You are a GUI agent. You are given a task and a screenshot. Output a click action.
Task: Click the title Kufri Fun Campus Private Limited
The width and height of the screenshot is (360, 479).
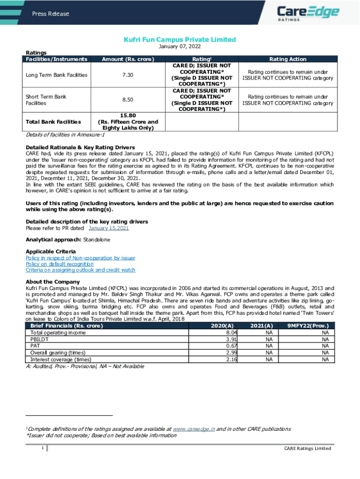180,40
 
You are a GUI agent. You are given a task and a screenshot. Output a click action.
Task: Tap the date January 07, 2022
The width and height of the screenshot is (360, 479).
180,47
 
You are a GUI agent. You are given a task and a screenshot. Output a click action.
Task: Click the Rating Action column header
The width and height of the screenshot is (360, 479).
288,59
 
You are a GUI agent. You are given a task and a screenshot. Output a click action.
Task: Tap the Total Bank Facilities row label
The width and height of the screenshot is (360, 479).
53,122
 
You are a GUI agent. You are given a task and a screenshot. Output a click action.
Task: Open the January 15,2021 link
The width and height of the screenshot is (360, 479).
108,228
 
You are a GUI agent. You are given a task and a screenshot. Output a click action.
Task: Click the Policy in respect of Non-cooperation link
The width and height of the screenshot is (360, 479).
80,258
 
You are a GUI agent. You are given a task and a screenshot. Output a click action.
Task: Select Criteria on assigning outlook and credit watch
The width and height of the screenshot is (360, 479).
80,270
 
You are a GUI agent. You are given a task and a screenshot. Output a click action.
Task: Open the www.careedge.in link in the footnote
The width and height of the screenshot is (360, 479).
194,429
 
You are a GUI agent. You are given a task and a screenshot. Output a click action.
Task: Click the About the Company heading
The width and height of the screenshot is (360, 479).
53,282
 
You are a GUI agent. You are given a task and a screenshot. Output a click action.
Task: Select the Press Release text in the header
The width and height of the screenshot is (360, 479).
50,14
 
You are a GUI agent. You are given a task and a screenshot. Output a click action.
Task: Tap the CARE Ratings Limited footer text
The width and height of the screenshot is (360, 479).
308,448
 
